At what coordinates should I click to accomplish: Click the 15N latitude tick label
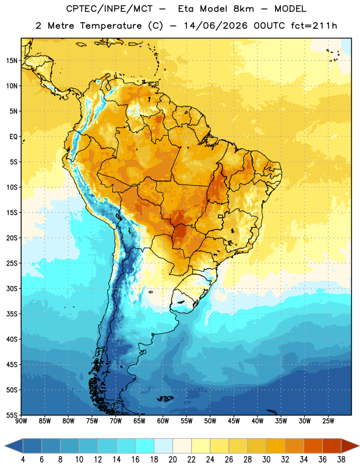12,61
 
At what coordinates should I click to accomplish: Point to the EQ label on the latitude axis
13,137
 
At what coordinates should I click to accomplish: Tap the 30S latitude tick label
12,288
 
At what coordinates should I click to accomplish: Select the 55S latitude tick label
12,415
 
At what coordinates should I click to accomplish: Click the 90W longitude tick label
21,421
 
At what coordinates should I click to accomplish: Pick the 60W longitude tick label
163,421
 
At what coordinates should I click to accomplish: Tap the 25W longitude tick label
328,421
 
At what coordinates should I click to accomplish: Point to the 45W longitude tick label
234,421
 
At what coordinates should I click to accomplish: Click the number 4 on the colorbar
23,460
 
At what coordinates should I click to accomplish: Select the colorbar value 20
172,460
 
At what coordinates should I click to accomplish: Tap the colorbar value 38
341,460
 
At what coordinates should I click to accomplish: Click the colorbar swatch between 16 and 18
145,446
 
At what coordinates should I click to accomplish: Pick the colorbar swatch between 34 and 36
313,446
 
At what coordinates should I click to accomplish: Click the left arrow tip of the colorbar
5,446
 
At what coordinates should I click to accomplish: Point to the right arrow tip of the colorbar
359,446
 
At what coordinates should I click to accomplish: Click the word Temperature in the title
111,26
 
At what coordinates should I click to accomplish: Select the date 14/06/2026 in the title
216,26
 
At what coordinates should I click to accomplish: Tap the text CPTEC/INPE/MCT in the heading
109,9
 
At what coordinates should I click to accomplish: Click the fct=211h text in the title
314,26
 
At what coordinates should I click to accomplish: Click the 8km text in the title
243,9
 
